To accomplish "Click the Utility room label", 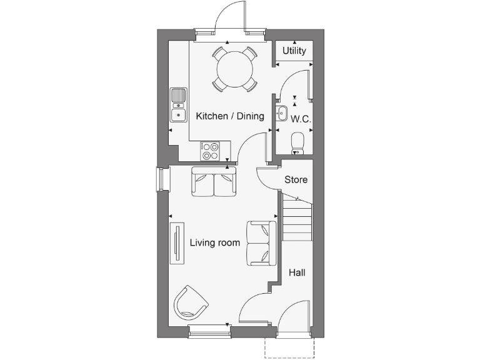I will pos(294,51).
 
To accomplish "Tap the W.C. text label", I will pos(301,118).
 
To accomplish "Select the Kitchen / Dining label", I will pos(230,116).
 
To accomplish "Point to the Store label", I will pos(296,180).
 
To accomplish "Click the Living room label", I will pos(215,242).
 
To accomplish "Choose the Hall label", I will pos(296,273).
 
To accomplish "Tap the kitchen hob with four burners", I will pos(211,151).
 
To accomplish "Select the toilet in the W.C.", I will pos(298,142).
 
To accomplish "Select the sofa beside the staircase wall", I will pos(262,242).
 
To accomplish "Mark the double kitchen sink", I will pos(179,104).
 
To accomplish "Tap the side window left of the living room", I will pos(163,180).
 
